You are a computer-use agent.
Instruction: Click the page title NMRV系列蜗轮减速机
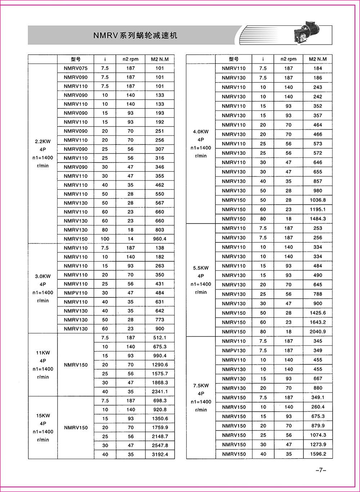pyautogui.click(x=135, y=35)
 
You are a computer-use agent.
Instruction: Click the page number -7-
pyautogui.click(x=320, y=470)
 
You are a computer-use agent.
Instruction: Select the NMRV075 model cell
pyautogui.click(x=76, y=68)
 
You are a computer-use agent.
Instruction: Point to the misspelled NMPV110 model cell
pyautogui.click(x=76, y=293)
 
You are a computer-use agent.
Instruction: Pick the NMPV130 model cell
pyautogui.click(x=234, y=350)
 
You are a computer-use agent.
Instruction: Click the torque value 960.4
pyautogui.click(x=160, y=239)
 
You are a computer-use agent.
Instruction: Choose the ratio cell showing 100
pyautogui.click(x=105, y=239)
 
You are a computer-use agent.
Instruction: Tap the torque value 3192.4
pyautogui.click(x=160, y=455)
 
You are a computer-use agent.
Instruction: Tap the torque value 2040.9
pyautogui.click(x=318, y=332)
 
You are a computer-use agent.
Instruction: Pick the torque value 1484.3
pyautogui.click(x=318, y=219)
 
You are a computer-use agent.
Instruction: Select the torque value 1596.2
pyautogui.click(x=318, y=454)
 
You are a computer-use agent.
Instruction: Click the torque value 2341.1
pyautogui.click(x=160, y=392)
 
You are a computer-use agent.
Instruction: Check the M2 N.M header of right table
pyautogui.click(x=318, y=59)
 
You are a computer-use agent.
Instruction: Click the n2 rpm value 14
pyautogui.click(x=130, y=239)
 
